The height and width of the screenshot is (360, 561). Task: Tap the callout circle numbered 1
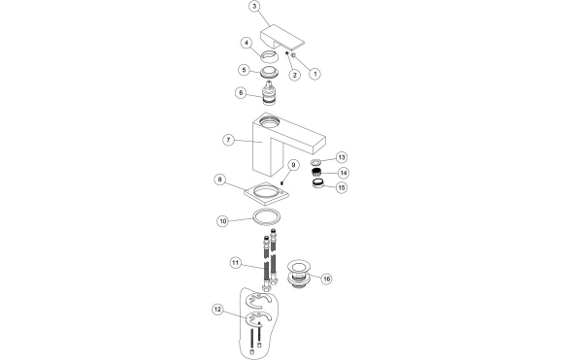(314, 74)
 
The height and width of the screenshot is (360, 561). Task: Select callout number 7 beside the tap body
(228, 141)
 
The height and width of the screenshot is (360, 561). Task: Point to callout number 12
(218, 310)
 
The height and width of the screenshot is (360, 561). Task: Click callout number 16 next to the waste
(326, 278)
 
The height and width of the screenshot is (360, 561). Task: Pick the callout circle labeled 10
(222, 221)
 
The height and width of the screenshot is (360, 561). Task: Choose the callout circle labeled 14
(343, 173)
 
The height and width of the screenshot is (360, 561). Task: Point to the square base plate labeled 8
(264, 190)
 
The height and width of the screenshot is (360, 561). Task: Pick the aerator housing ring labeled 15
(317, 184)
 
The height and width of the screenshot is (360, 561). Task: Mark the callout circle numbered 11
(235, 263)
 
